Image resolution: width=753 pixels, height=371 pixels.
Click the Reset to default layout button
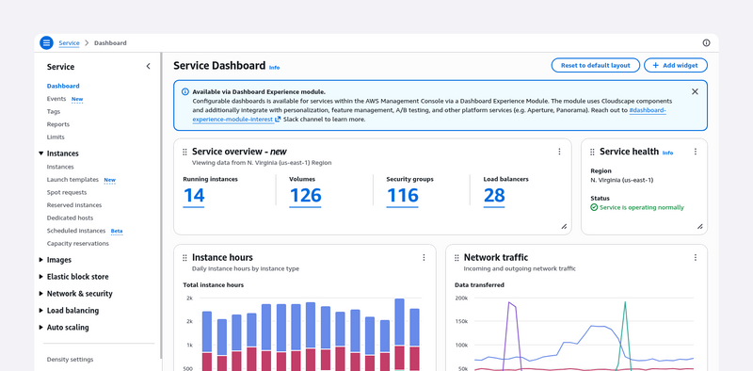[x=596, y=65]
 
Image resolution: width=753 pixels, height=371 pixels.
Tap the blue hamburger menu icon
[x=46, y=42]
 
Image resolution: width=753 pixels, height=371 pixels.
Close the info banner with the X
[x=695, y=91]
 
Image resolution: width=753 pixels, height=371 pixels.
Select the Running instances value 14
[x=194, y=196]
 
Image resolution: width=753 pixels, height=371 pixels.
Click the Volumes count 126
[x=305, y=196]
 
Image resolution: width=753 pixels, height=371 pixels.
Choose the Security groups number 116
[x=402, y=196]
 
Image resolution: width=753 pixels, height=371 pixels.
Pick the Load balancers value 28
[x=494, y=196]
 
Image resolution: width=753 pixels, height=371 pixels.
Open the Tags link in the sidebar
[x=54, y=111]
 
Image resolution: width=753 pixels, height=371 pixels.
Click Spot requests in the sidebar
[x=67, y=192]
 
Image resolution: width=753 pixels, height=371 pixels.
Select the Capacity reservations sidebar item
[x=78, y=244]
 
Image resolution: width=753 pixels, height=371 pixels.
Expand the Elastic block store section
[x=77, y=277]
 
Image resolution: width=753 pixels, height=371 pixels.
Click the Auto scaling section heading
[x=68, y=328]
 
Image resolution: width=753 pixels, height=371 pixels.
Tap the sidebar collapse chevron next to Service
[x=148, y=66]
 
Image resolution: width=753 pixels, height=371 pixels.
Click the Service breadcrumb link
[x=69, y=43]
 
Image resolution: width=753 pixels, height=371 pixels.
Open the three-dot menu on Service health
[x=695, y=152]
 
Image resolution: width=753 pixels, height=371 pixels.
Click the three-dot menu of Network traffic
[x=695, y=258]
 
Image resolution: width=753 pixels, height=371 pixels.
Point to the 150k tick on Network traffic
[x=460, y=321]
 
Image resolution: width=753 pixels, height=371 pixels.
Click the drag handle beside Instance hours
[x=184, y=258]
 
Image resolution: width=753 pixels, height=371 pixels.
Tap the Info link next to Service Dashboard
[x=274, y=68]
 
